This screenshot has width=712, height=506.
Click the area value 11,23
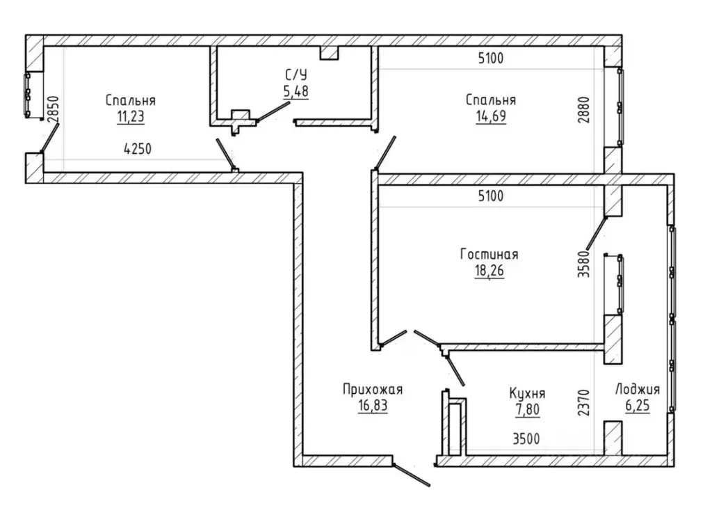131,117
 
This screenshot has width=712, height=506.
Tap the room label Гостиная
489,253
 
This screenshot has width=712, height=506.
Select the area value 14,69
491,116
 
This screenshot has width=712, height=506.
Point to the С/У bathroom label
296,74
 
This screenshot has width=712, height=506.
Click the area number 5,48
296,91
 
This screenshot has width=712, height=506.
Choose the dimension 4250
138,149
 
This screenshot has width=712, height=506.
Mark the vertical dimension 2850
53,109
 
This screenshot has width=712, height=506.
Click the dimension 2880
584,109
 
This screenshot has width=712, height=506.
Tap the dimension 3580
584,264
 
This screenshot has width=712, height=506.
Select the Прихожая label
373,390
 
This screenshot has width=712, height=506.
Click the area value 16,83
373,406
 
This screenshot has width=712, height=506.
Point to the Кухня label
527,393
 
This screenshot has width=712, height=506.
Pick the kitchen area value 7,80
527,409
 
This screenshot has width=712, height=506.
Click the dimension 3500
527,438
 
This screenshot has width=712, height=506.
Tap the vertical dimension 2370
584,402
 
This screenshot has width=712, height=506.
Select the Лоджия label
638,390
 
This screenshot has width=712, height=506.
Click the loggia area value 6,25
638,406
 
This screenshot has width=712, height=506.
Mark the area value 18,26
489,271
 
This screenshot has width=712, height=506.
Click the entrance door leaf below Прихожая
412,475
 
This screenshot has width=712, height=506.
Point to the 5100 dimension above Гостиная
491,196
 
